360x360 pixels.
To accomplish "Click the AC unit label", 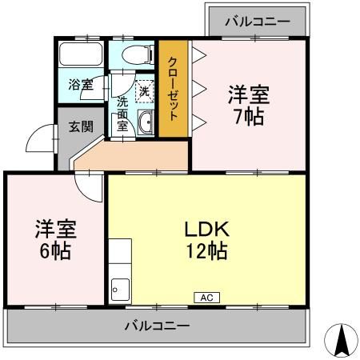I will (205, 298).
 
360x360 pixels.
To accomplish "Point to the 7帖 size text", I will (247, 115).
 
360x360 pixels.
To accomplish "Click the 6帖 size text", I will (54, 250).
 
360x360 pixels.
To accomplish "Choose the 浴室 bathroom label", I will (79, 83).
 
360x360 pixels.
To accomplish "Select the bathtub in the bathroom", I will (81, 55).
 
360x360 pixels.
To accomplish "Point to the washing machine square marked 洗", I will (144, 90).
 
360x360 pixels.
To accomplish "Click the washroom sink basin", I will (146, 122).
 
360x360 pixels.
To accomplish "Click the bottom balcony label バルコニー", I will (156, 326).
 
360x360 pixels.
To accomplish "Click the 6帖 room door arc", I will (86, 186).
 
